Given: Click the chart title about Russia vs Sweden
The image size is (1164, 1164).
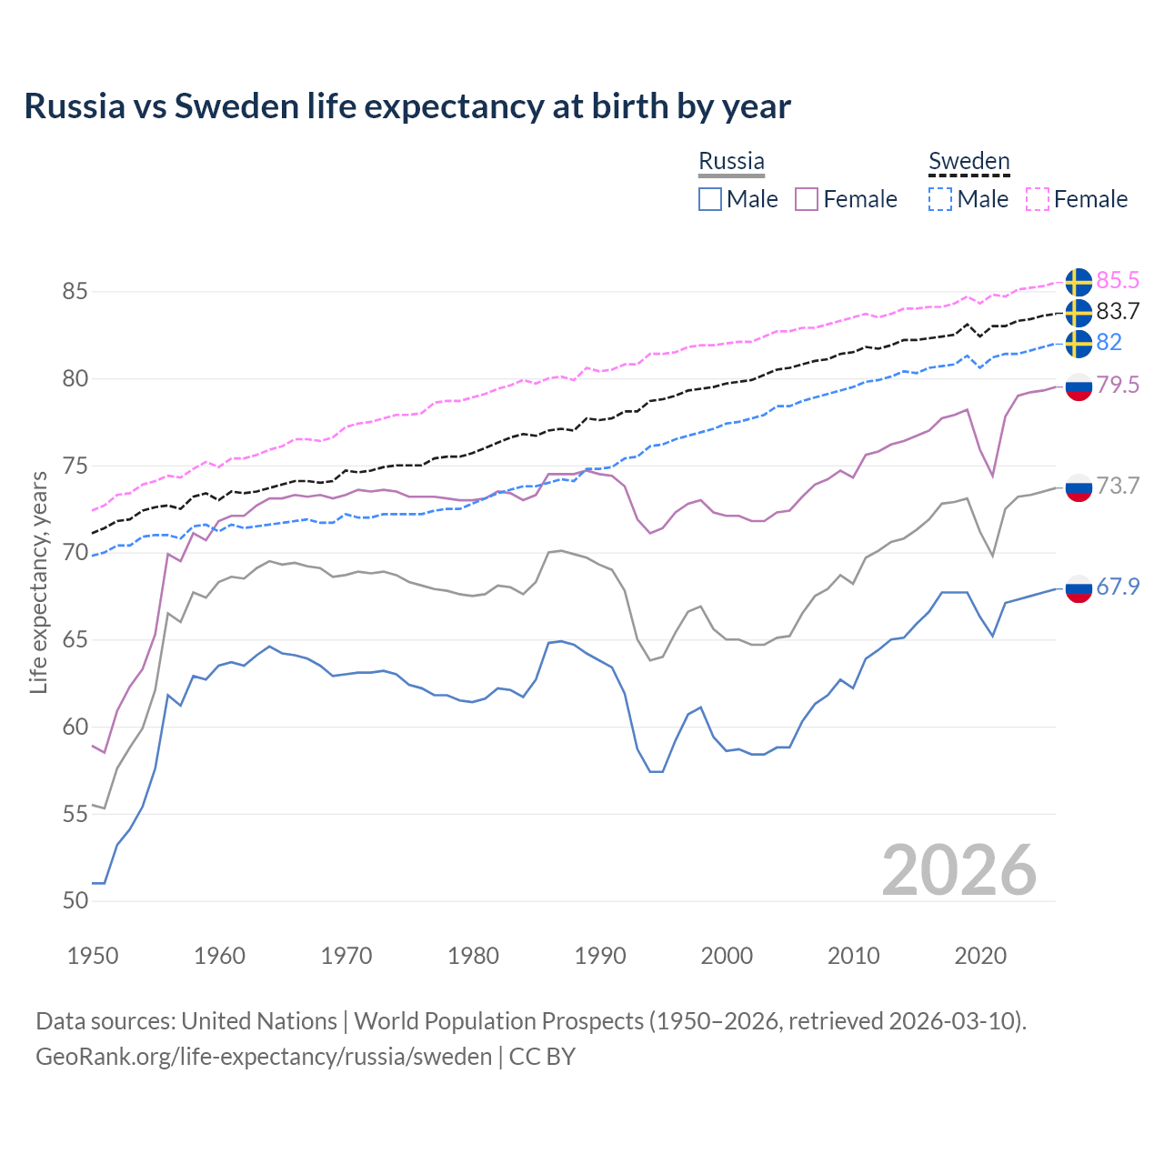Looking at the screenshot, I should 407,106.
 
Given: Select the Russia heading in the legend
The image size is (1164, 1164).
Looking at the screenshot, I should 731,161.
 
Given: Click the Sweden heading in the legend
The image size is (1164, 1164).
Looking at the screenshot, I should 968,161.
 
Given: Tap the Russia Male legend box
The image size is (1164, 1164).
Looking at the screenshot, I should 710,199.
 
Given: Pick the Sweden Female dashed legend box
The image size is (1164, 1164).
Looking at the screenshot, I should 1038,199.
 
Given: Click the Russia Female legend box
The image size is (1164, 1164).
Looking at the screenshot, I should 807,199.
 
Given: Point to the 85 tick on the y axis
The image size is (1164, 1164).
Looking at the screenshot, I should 75,292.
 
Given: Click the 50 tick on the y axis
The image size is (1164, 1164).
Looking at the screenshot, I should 75,900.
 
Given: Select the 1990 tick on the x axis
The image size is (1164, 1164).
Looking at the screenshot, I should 600,956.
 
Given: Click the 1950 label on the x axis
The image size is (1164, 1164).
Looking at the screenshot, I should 93,956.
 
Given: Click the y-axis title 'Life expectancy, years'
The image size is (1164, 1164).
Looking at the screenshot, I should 39,582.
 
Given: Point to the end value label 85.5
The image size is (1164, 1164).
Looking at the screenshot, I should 1118,280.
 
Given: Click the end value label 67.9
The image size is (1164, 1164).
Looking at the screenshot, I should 1118,587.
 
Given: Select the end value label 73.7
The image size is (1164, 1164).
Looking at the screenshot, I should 1118,486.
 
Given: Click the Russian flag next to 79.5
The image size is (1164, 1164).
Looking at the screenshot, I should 1079,386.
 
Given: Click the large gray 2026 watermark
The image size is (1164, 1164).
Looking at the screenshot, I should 959,870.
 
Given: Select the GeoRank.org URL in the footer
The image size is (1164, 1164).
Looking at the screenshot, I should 264,1057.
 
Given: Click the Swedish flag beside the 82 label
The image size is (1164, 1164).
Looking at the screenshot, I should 1079,344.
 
